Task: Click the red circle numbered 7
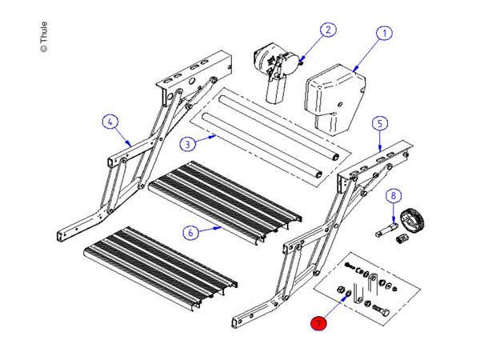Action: coord(319,324)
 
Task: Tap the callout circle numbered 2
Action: coord(326,30)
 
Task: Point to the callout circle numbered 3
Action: coord(186,144)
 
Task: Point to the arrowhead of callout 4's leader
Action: coord(130,144)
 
